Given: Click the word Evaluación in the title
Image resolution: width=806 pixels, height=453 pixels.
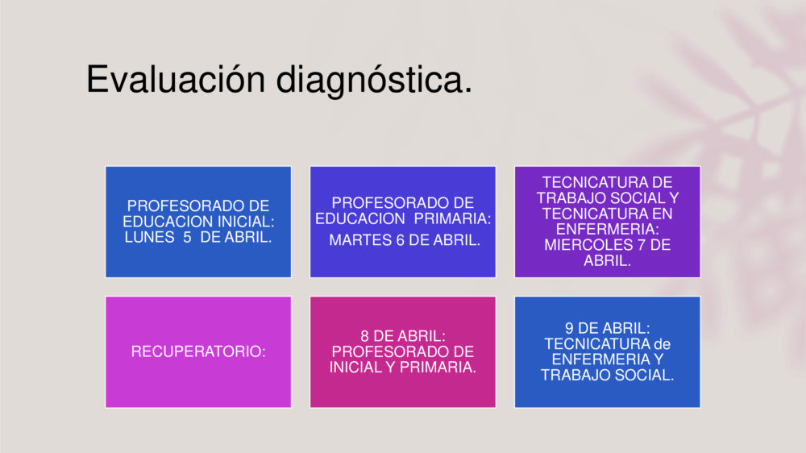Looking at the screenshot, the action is (x=176, y=79).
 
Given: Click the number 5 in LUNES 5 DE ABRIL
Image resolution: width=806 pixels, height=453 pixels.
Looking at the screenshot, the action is (x=187, y=237).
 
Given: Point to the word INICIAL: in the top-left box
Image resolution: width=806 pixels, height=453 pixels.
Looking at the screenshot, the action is (x=246, y=222).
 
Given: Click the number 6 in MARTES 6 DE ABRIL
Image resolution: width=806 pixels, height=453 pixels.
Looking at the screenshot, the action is (x=400, y=240).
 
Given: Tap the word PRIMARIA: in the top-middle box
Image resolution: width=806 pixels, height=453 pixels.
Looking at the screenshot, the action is (x=452, y=218).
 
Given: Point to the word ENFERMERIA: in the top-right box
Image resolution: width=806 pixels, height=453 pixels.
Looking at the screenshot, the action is (x=608, y=229).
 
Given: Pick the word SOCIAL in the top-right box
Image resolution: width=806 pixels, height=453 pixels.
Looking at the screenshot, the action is (x=639, y=198).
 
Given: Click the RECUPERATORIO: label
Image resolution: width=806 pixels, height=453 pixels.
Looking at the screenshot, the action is (x=198, y=351).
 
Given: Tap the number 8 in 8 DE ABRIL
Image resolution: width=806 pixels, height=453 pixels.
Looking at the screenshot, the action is (x=364, y=336).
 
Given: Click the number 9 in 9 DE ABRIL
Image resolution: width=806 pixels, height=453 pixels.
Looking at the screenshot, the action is (x=570, y=328).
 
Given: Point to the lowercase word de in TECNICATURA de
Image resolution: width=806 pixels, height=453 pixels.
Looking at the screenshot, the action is (x=662, y=343).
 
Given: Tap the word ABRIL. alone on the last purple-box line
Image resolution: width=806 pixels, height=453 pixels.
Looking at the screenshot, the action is (x=608, y=260).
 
